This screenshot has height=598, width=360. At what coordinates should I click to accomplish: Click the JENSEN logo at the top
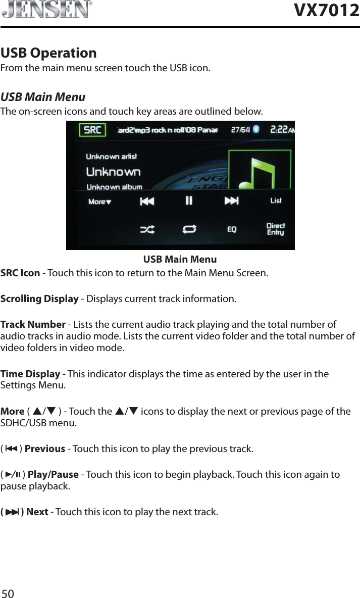click(46, 10)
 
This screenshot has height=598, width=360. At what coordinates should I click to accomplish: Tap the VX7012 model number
click(326, 10)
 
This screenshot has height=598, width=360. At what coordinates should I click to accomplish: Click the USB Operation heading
click(48, 53)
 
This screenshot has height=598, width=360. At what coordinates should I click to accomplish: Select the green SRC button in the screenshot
click(92, 130)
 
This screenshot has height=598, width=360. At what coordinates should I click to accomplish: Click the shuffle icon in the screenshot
click(147, 229)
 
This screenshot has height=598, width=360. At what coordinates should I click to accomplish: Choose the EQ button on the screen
click(232, 230)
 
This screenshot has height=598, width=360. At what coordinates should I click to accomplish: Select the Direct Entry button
click(276, 229)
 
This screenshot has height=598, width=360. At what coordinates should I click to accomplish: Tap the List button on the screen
click(276, 201)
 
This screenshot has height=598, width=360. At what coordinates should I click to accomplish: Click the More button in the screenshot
click(99, 202)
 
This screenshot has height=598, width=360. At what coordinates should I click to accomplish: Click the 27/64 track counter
click(240, 130)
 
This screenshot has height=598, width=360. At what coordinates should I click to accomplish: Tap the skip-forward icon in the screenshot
click(231, 201)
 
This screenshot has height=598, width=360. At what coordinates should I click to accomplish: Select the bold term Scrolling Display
click(39, 298)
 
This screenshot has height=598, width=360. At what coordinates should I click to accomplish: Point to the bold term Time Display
click(30, 374)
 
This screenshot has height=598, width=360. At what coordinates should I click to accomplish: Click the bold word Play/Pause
click(53, 475)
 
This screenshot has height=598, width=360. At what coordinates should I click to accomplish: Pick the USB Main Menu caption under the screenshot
click(180, 260)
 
